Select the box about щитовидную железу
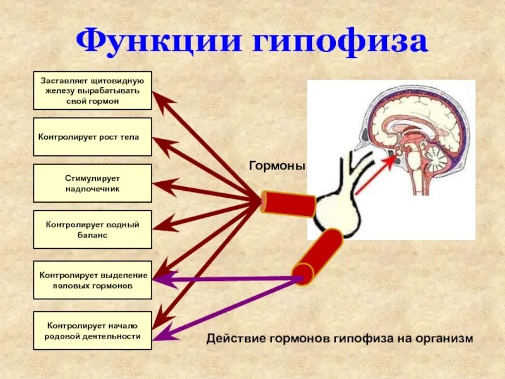pos(92,90)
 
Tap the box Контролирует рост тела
pos(92,136)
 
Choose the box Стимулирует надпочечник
pos(92,183)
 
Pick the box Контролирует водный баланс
pos(92,229)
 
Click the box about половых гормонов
pos(92,280)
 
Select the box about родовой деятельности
pos(92,330)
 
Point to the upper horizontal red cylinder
pos(289,203)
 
